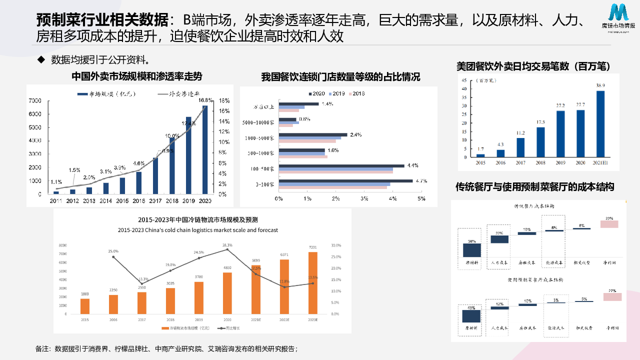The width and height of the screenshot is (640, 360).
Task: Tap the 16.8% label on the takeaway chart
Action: pos(205,100)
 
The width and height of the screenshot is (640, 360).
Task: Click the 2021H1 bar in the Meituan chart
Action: pos(600,124)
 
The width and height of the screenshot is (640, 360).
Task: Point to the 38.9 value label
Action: pos(600,85)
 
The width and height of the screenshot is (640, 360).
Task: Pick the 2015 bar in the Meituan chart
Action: pos(480,155)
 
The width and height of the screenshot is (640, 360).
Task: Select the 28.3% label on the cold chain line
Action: pos(227,245)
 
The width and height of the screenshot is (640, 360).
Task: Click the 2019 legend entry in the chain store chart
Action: pos(336,93)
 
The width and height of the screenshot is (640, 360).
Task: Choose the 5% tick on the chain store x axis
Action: pos(421,199)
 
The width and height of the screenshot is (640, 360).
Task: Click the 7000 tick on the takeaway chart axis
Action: pos(35,101)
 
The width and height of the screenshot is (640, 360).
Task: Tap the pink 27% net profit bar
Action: pos(612,297)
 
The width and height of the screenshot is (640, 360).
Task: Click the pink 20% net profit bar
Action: pos(609,224)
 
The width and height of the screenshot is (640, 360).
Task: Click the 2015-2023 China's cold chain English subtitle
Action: pos(198,230)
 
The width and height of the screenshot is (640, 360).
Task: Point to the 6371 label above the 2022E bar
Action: pos(284,255)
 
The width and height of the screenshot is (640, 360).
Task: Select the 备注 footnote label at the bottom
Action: pos(43,348)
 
